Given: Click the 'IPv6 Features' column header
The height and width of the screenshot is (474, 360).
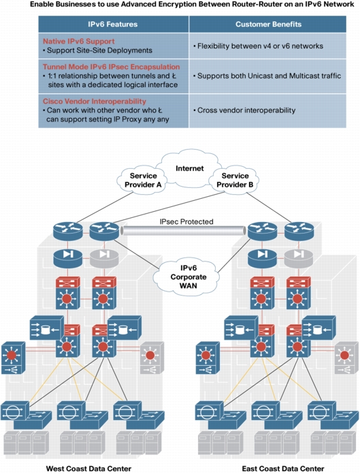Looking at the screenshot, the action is (x=113, y=25).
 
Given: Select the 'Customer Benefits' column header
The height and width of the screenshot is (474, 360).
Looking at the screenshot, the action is (x=269, y=25).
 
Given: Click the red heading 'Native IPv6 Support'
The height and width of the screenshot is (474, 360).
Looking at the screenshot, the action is (x=79, y=41).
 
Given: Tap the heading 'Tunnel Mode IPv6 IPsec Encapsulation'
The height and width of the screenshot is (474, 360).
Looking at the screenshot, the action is (x=112, y=67).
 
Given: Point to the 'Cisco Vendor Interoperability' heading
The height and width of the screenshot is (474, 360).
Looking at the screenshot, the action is (x=95, y=101).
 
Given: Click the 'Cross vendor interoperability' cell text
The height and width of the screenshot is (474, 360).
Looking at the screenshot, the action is (x=244, y=110).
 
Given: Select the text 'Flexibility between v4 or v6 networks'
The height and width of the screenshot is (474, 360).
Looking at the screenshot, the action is (x=258, y=46).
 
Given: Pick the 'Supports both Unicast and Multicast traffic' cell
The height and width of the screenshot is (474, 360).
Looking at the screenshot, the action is (x=267, y=76).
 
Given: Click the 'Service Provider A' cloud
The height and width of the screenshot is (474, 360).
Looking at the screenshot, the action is (x=142, y=180).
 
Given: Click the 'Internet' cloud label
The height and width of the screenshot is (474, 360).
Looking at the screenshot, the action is (x=190, y=168).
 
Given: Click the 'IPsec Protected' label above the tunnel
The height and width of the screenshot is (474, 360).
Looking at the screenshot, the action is (x=186, y=221).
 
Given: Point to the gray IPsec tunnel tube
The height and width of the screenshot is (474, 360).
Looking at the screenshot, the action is (x=183, y=231).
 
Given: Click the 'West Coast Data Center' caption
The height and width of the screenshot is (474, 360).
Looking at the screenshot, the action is (x=88, y=469).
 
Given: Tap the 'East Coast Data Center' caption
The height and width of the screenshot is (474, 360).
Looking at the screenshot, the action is (x=283, y=469).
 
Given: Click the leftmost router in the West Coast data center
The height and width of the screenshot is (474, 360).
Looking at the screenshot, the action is (x=68, y=231).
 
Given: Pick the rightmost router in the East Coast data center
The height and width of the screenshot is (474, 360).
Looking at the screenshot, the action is (x=299, y=231).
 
